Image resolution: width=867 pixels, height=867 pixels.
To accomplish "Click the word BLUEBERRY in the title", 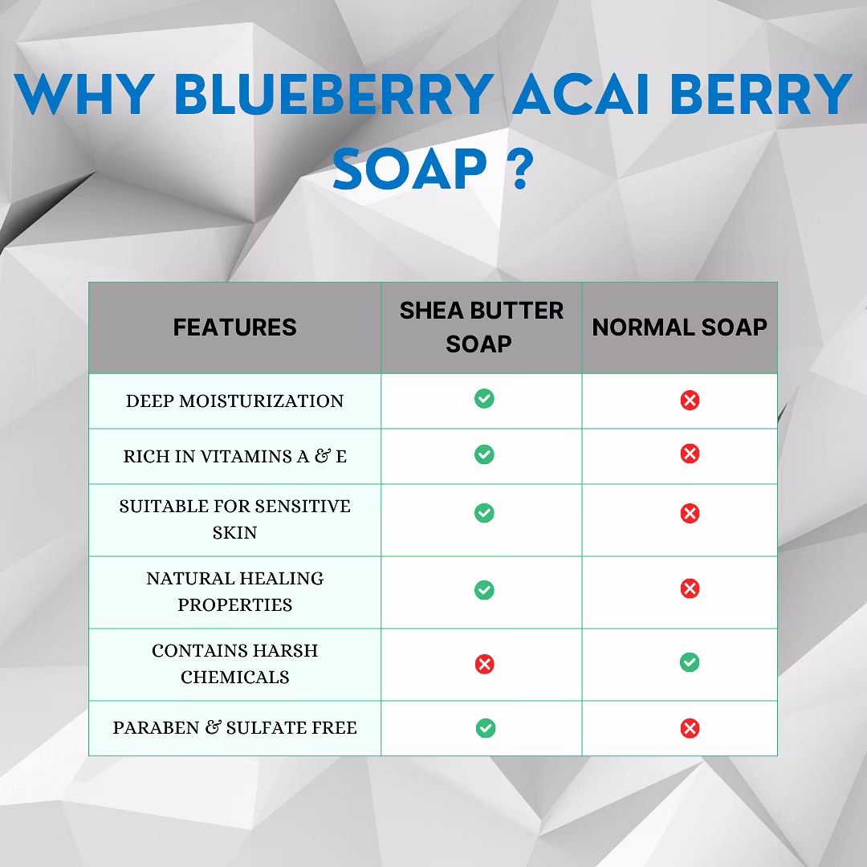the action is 334,94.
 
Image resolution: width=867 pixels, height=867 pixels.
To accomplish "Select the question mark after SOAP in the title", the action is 520,168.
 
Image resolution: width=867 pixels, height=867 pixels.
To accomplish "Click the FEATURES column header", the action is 234,328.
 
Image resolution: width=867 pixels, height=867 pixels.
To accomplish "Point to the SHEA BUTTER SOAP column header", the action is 481,328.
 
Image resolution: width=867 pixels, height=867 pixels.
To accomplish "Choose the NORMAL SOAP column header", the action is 680,328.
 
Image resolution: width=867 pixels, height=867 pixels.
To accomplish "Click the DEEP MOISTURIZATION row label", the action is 234,401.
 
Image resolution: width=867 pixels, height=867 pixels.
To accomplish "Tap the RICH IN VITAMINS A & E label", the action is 234,456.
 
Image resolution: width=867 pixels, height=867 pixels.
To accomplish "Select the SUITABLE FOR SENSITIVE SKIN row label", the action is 234,519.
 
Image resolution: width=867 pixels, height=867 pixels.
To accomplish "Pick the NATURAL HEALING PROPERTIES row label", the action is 234,592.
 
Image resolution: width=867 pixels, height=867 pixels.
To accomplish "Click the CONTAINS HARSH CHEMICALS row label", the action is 234,664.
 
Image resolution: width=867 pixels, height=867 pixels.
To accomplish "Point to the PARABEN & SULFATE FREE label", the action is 234,727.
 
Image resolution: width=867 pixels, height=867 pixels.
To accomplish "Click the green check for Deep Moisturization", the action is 484,399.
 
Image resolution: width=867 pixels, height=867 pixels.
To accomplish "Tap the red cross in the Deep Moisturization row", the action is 690,400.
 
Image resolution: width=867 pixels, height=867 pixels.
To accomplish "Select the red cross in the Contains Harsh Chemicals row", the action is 484,664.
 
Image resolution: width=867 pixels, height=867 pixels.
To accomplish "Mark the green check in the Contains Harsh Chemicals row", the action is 690,661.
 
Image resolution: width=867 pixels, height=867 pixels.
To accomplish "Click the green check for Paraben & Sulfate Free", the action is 486,728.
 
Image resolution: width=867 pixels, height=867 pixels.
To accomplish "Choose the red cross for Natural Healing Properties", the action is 690,588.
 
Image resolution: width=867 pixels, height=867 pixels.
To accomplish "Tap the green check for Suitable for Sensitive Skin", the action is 484,513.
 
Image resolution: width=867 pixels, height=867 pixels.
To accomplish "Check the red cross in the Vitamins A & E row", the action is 690,454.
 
